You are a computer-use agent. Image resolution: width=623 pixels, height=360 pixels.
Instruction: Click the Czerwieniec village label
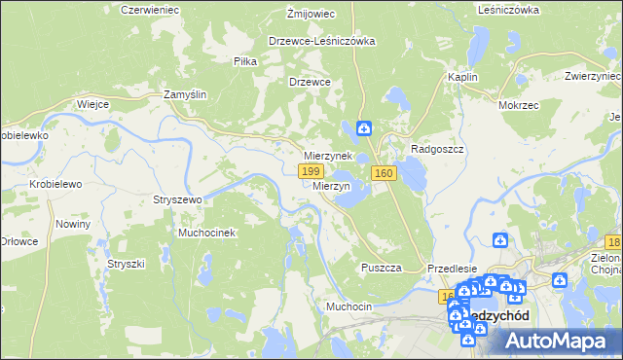tap(146, 9)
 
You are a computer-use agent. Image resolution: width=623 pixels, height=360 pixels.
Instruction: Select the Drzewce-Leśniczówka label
tap(322, 42)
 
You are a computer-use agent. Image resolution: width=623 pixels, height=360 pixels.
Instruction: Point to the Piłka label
tap(244, 60)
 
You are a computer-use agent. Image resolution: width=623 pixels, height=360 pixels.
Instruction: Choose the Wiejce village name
tap(92, 103)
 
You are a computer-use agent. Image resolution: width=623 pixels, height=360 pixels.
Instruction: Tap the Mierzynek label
tap(327, 156)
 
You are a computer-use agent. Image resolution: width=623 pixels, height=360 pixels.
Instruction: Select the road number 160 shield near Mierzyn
tap(384, 173)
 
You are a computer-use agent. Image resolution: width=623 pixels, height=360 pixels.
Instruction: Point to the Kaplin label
tap(460, 76)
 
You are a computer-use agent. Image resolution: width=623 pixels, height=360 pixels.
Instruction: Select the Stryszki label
tap(126, 264)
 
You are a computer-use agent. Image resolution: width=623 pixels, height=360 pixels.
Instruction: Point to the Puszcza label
tap(382, 268)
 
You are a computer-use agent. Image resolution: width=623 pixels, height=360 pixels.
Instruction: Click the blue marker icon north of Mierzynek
tap(363, 127)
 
